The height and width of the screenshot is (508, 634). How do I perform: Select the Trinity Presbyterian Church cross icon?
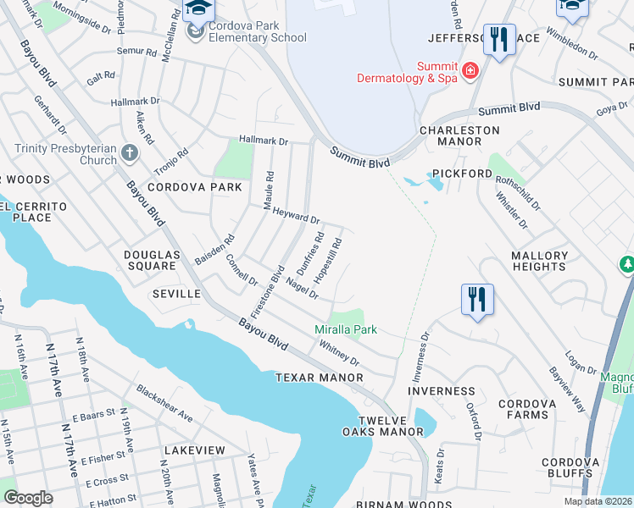click(129, 154)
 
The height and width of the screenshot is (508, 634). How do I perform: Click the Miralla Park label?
click(345, 329)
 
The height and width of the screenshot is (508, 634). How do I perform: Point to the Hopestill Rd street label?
click(327, 260)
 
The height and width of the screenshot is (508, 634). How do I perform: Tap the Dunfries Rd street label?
click(310, 250)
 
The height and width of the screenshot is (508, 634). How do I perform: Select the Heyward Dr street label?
click(296, 213)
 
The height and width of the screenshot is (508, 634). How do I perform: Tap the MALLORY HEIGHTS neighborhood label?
click(539, 261)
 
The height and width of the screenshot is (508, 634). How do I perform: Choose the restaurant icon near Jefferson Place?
click(498, 40)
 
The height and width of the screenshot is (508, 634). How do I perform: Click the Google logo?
click(28, 498)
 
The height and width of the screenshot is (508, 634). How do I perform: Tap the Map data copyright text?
click(598, 501)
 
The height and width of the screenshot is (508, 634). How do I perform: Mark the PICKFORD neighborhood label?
click(462, 174)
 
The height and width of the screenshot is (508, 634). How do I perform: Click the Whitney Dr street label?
click(340, 353)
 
